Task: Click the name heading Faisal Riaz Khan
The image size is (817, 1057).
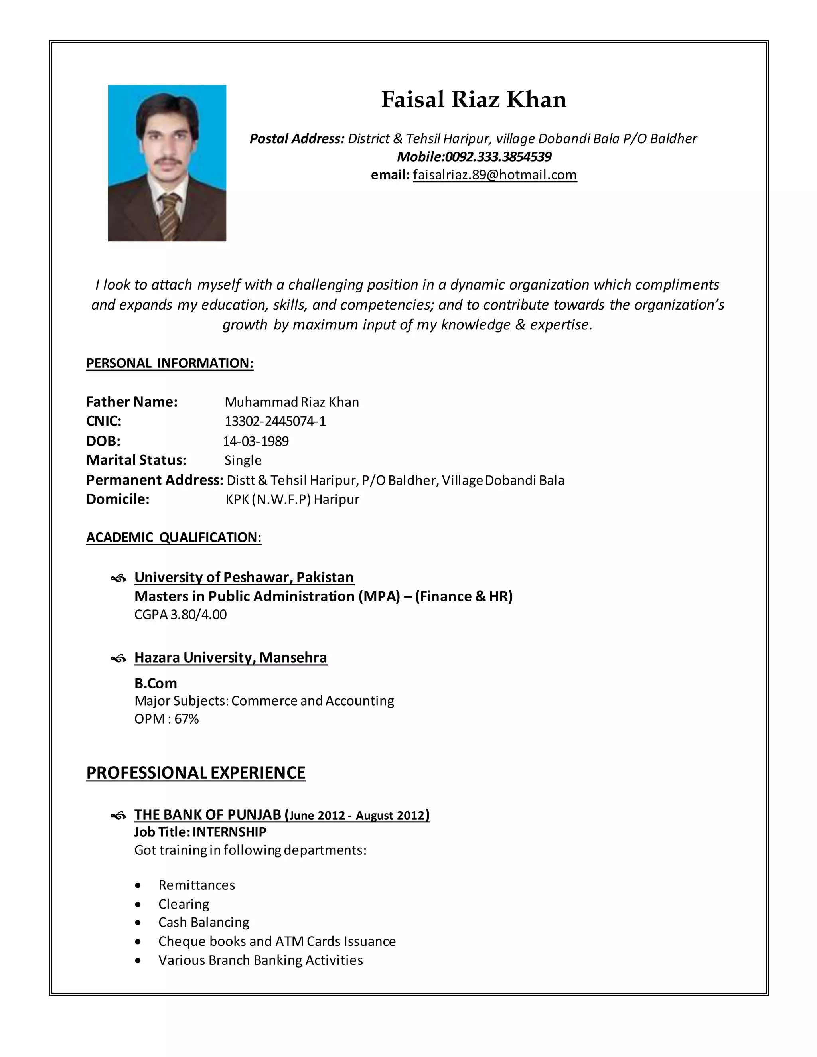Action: [x=474, y=100]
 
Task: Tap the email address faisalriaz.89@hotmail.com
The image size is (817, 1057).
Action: [x=495, y=175]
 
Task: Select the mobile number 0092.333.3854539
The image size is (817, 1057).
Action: [x=498, y=157]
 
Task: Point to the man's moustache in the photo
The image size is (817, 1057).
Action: [x=167, y=161]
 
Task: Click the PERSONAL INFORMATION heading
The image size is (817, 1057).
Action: [x=170, y=363]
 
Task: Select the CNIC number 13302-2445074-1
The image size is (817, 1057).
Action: [x=275, y=421]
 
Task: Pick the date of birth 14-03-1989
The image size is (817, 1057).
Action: [x=256, y=441]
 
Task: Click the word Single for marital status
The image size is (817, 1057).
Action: [x=243, y=460]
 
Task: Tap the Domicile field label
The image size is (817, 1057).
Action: [x=118, y=499]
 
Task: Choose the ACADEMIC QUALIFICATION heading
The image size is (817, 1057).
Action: [x=174, y=537]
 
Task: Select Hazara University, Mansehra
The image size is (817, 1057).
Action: [x=231, y=657]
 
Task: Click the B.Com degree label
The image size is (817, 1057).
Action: [x=155, y=683]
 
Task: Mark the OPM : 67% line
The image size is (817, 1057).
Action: [x=166, y=719]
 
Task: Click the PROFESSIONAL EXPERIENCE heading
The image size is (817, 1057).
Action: [x=195, y=773]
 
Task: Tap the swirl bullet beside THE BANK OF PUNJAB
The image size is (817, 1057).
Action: [x=118, y=816]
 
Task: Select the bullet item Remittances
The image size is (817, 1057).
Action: [x=197, y=885]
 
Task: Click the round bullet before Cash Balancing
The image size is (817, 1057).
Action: [x=138, y=923]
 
